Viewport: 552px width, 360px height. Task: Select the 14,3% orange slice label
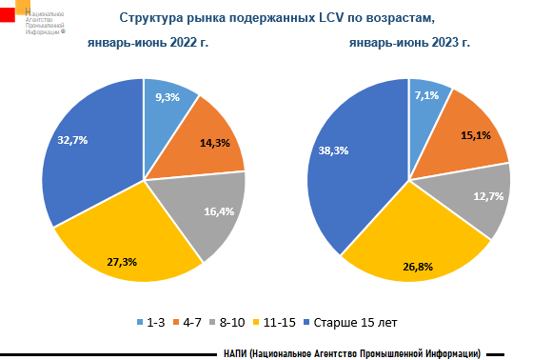tap(214, 143)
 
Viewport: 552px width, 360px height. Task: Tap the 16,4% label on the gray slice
tap(217, 210)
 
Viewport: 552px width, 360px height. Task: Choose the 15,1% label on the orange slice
tap(475, 134)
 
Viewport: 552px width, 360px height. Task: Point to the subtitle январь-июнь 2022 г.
tap(148, 43)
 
